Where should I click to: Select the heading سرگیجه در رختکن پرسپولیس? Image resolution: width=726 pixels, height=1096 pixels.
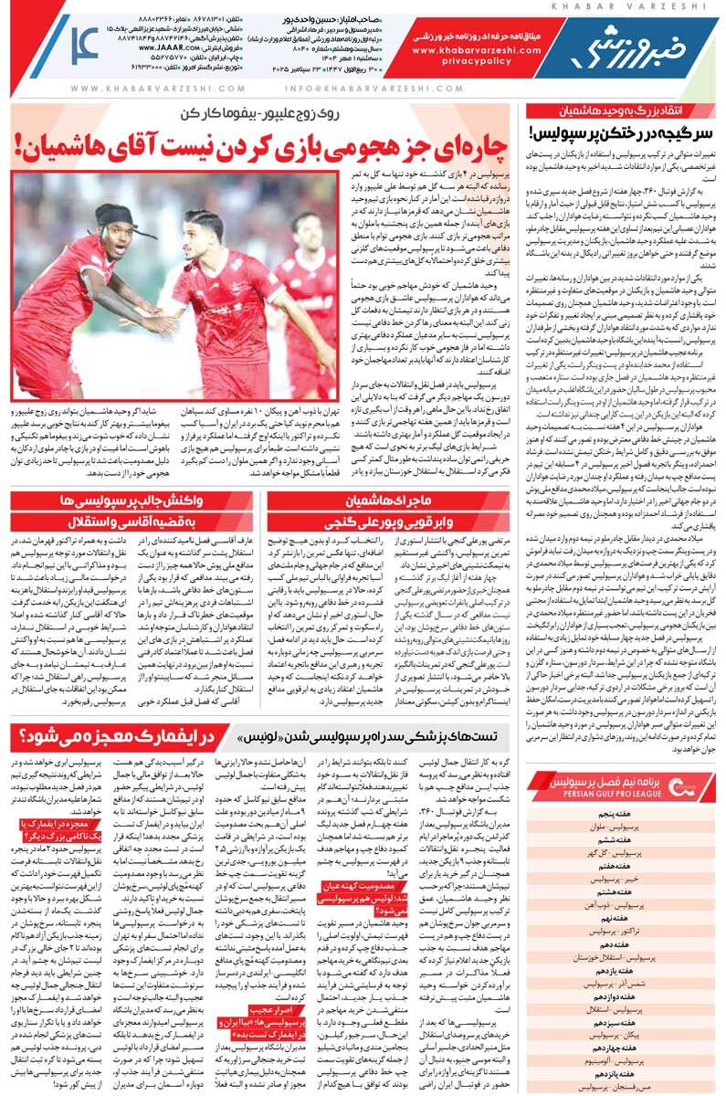coord(622,132)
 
